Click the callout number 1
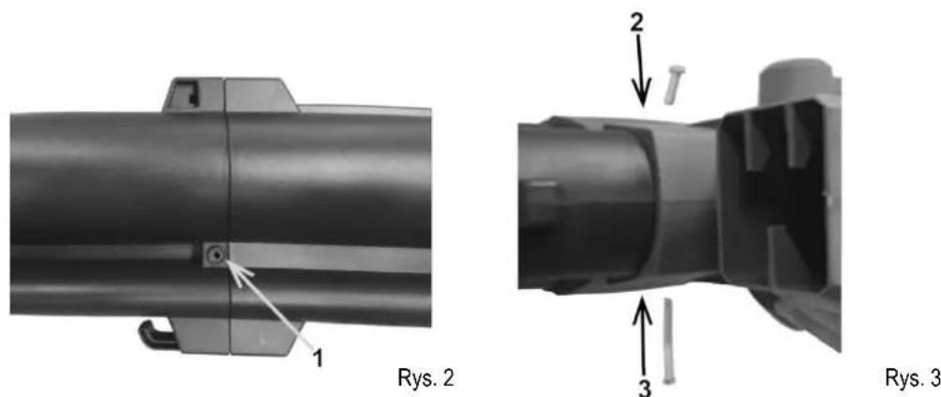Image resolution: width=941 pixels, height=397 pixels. pos(318,359)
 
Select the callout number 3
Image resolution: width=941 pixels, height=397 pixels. pos(643,388)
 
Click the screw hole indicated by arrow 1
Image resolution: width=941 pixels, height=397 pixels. pos(215,256)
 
